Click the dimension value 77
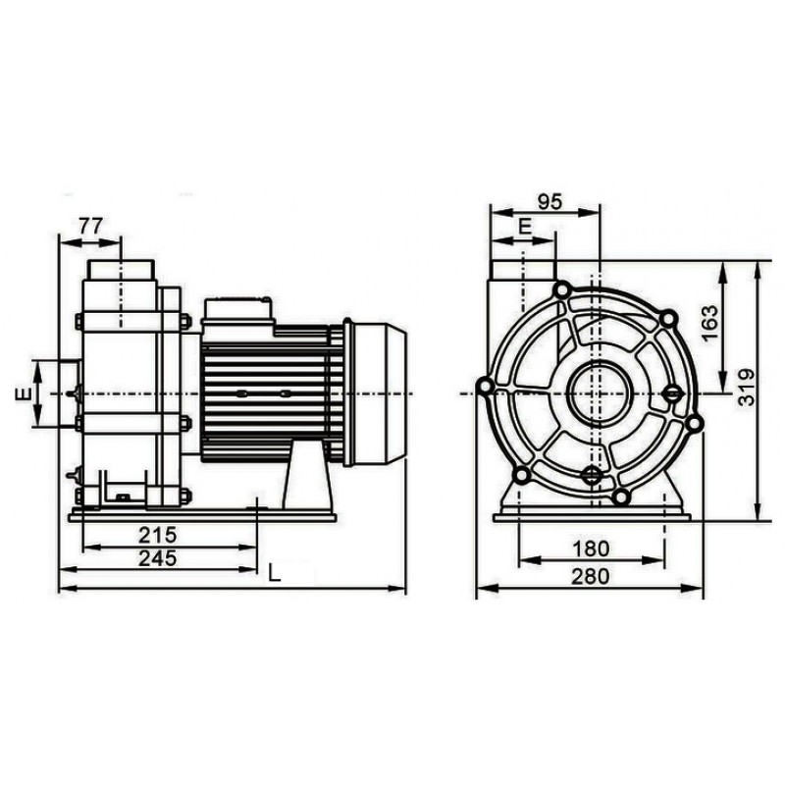pyautogui.click(x=89, y=225)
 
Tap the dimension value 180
pyautogui.click(x=589, y=547)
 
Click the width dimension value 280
pyautogui.click(x=589, y=576)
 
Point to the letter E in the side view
pyautogui.click(x=21, y=393)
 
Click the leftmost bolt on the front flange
pyautogui.click(x=484, y=389)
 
